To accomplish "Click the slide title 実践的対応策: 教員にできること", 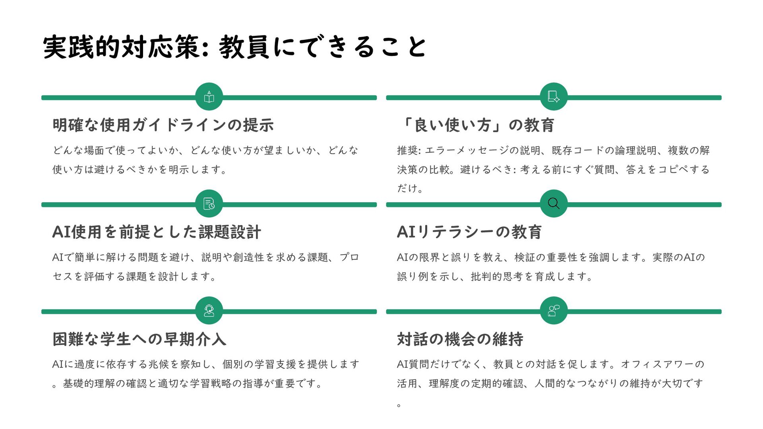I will [x=234, y=47].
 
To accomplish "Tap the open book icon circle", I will [x=209, y=97].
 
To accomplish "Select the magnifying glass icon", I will [x=554, y=204].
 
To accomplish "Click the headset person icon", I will [x=209, y=311].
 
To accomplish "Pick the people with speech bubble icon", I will [x=554, y=311].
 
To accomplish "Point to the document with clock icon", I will [x=209, y=204].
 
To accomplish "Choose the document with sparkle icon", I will [x=554, y=97].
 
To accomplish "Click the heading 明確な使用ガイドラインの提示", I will [x=163, y=125].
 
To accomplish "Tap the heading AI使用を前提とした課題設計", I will [x=157, y=232].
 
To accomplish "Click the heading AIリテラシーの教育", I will [x=469, y=232].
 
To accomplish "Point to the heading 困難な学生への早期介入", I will [x=139, y=339].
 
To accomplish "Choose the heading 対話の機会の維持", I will [x=460, y=339].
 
